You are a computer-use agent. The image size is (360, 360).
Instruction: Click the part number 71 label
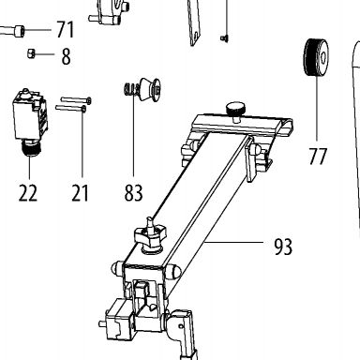(66, 30)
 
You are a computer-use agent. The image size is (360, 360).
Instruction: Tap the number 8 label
(66, 57)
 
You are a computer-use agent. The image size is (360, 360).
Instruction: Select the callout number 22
(28, 192)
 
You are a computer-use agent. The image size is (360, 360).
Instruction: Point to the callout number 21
(81, 192)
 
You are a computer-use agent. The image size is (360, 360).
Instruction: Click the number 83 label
(133, 192)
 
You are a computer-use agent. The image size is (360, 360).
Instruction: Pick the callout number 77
(318, 156)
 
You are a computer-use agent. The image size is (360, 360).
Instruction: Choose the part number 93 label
(283, 247)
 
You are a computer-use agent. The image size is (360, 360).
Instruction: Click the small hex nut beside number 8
(31, 53)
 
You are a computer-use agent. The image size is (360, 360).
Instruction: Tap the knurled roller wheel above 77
(316, 57)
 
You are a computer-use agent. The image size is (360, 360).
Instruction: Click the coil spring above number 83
(129, 89)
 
